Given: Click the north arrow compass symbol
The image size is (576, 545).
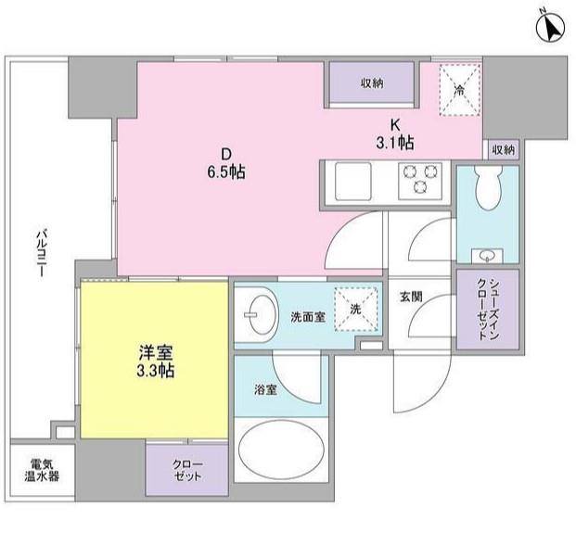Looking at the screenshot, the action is tap(550, 28).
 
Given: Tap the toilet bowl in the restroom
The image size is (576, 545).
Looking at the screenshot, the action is tap(488, 188).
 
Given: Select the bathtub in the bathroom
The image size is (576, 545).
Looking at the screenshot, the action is tap(281, 450).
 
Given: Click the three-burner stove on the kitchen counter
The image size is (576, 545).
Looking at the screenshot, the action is tap(420, 181).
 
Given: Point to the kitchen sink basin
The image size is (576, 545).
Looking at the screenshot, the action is tap(353, 182).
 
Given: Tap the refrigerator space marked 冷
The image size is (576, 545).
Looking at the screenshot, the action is tap(460, 90).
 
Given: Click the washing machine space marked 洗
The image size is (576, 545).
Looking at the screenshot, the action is tap(356, 310).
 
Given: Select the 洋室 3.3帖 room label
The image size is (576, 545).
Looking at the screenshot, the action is tap(156, 361).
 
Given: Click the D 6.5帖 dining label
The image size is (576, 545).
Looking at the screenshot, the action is tap(226, 163).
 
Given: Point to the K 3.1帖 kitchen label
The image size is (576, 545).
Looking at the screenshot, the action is tap(395, 134).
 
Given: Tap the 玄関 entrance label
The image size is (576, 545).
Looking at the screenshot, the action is tap(411, 297).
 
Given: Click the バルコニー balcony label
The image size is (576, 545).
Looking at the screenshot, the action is tap(41, 253).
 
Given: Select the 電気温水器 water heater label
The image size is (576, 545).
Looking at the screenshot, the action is tap(42, 470).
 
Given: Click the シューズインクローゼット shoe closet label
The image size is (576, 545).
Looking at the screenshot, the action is tap(489, 310).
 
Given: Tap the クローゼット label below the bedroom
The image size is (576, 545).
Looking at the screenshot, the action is tap(187, 470).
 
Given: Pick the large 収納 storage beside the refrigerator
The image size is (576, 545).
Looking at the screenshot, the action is tap(372, 83).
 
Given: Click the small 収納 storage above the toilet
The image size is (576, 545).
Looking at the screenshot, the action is tap(504, 150).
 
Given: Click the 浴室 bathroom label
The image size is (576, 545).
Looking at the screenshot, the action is tap(265, 390).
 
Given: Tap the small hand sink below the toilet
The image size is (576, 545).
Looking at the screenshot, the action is tap(488, 255).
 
